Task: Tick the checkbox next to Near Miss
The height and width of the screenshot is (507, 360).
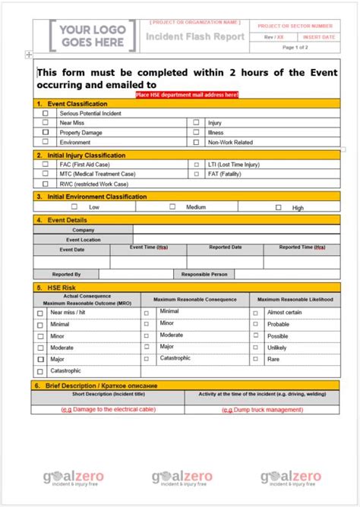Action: coord(45,122)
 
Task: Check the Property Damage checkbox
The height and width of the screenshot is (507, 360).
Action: coord(45,132)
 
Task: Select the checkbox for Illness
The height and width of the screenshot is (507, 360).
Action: coord(196,132)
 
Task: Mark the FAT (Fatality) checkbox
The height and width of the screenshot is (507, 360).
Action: coord(196,174)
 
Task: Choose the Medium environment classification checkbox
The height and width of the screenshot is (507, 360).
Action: coord(172,206)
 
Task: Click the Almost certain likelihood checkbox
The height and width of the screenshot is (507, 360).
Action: coord(254,312)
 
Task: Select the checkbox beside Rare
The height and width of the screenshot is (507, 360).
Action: coord(254,359)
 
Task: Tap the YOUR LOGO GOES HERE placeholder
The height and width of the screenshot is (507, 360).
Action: coord(93,36)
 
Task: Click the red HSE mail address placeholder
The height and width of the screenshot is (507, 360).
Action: coord(187,94)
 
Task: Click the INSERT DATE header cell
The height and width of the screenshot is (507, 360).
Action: coord(318,36)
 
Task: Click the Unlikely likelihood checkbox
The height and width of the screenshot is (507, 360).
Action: coord(254,348)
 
